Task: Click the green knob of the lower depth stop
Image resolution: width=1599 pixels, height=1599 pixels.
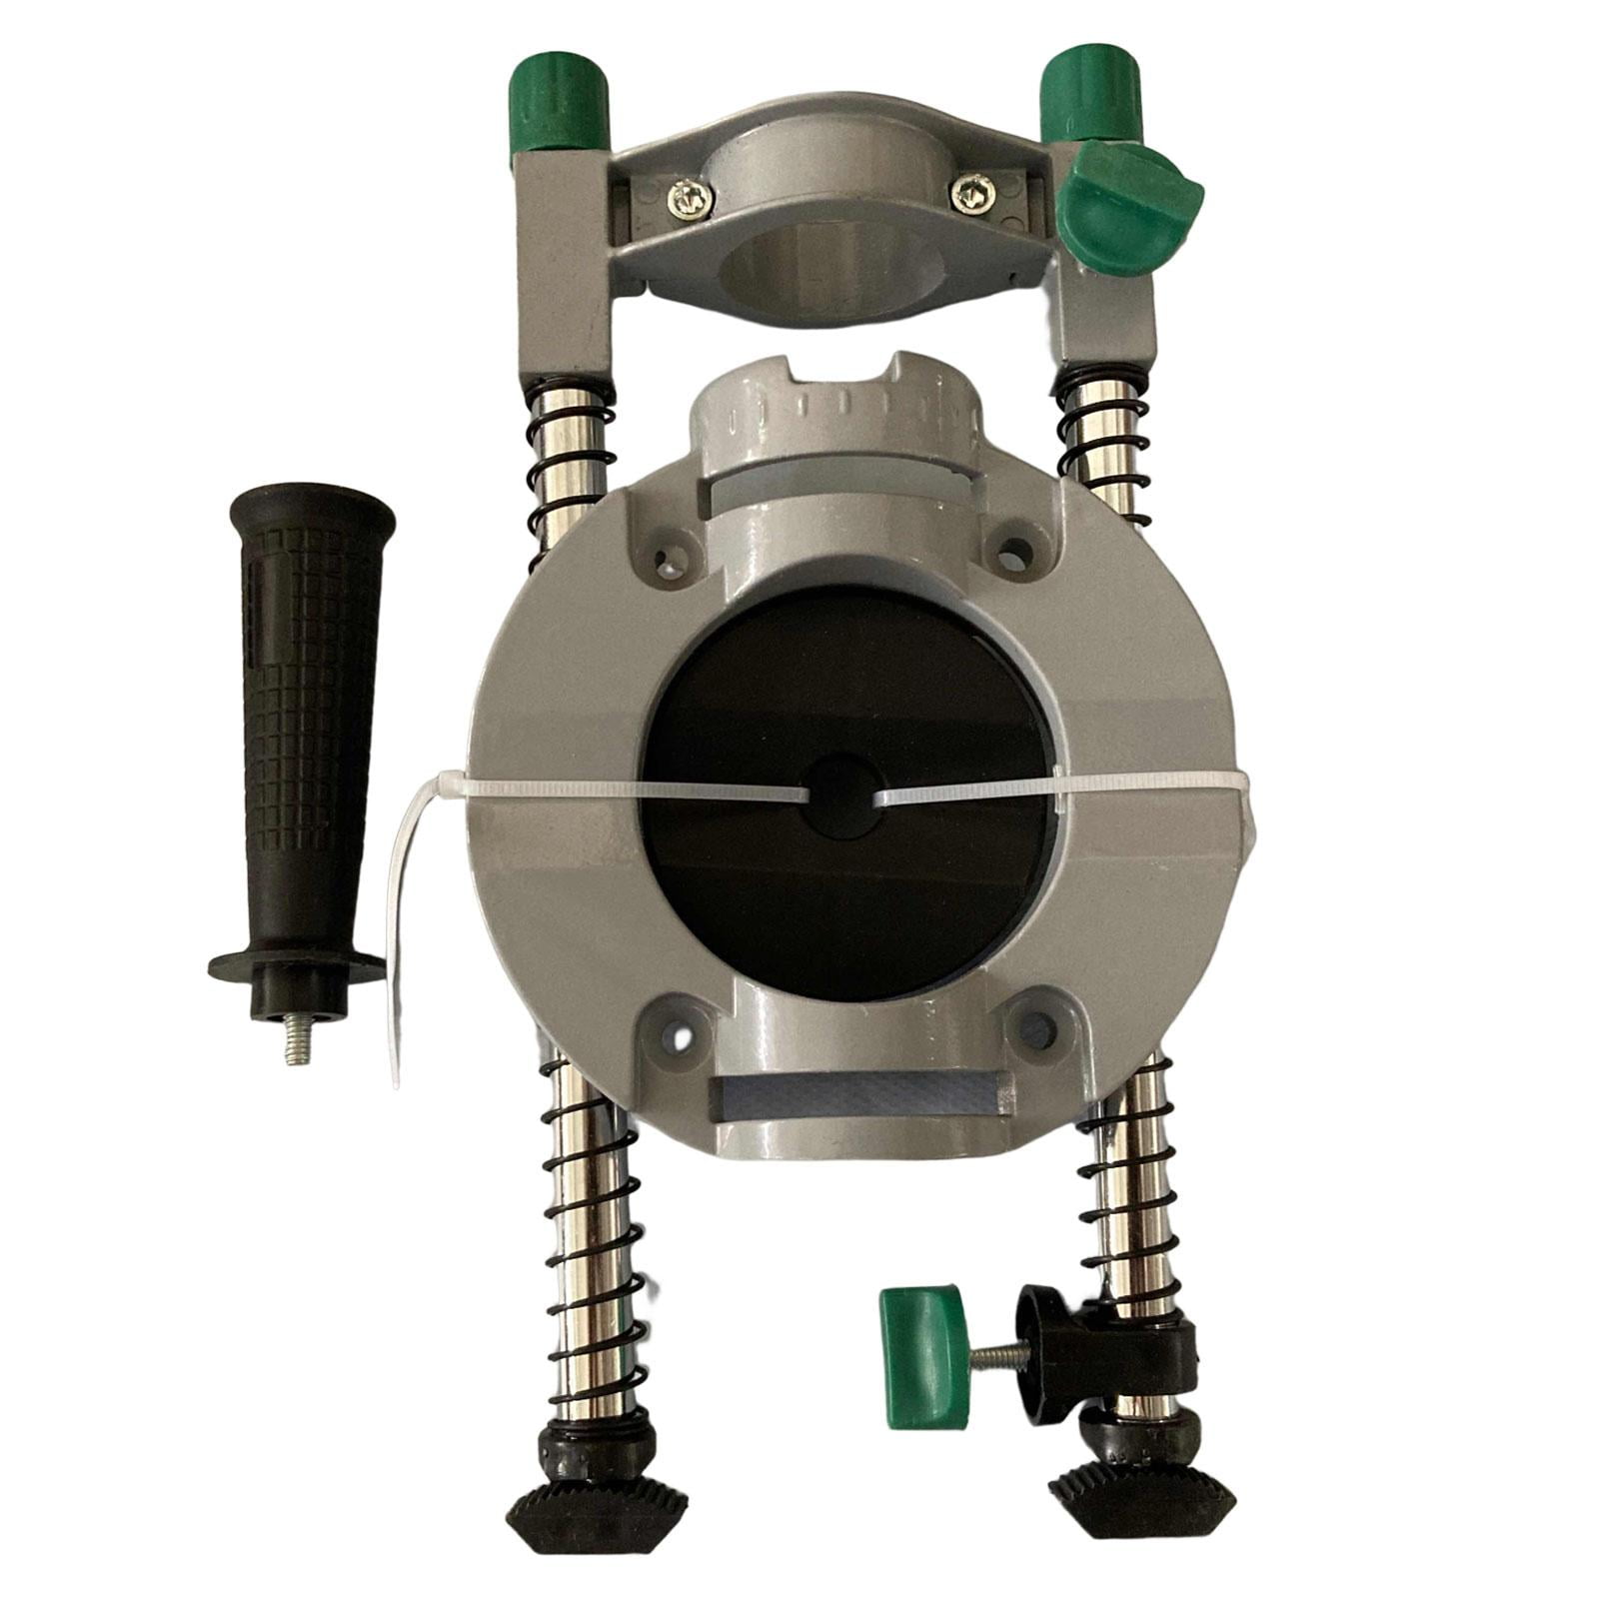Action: tap(920, 1344)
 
